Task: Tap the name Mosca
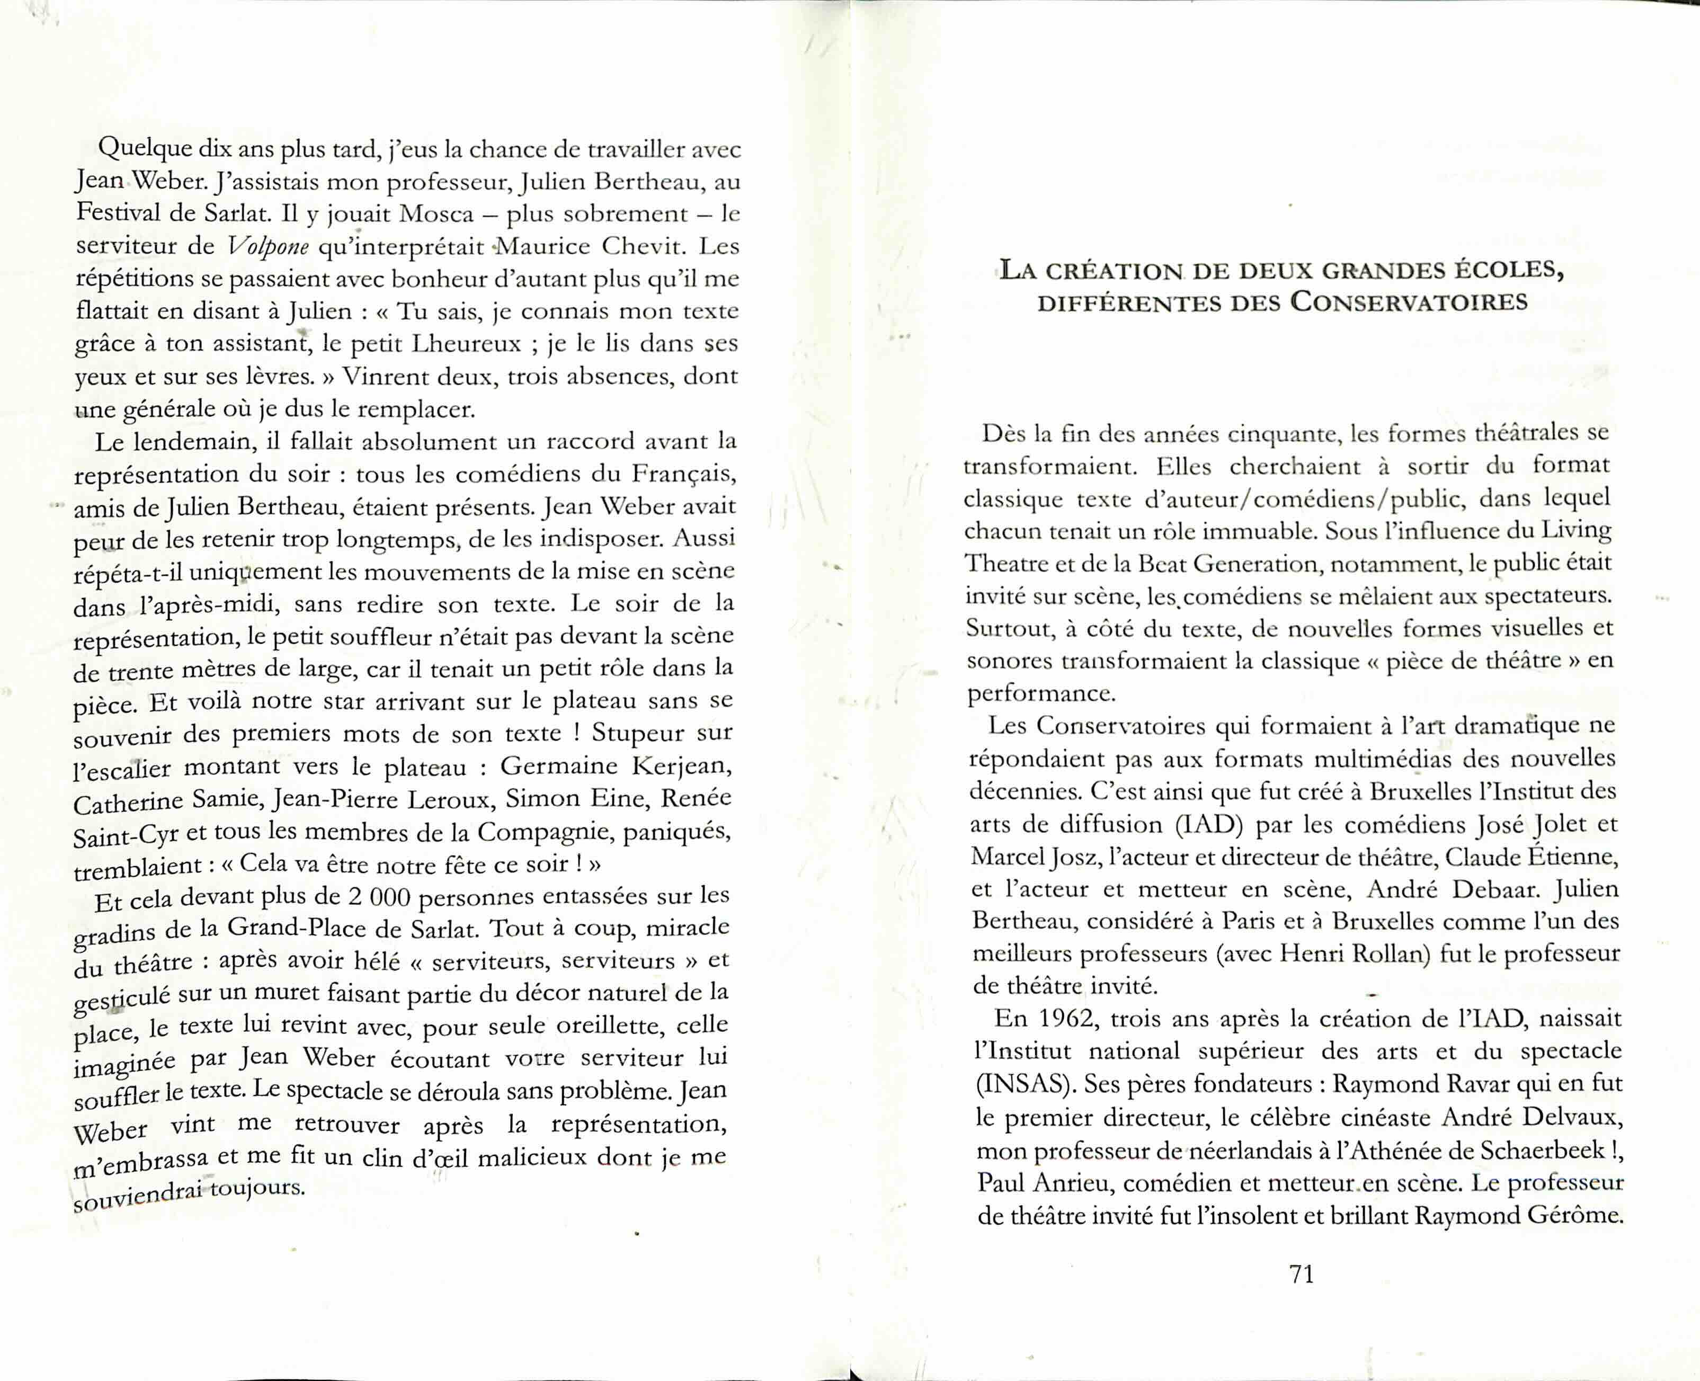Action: (437, 214)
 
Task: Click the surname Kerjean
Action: (682, 765)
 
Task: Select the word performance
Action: (1040, 694)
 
